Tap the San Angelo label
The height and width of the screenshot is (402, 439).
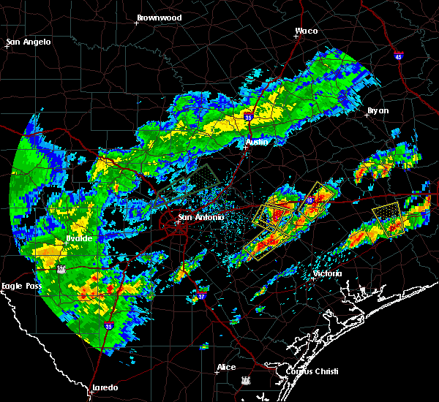(29, 42)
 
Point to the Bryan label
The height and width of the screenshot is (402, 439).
(378, 110)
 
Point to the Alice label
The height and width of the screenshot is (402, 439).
(226, 367)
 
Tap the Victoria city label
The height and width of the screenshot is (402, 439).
(327, 273)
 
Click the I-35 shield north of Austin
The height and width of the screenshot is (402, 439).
(249, 115)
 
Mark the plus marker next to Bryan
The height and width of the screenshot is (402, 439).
(367, 115)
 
